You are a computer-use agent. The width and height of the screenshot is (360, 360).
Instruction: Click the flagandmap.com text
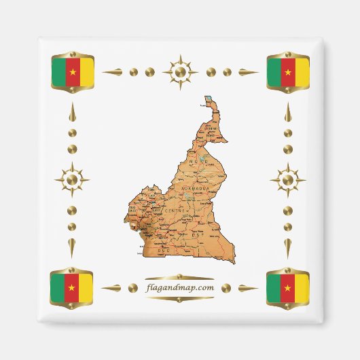179,287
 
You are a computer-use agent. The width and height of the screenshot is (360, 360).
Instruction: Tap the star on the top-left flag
72,71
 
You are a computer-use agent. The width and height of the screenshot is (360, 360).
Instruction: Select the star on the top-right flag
288,71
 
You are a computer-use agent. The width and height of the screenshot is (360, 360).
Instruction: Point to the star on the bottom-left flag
72,288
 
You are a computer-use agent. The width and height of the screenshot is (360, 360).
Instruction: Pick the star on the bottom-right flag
288,288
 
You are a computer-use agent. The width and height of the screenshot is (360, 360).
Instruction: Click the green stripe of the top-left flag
58,71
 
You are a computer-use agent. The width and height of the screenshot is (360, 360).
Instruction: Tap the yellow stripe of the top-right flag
302,71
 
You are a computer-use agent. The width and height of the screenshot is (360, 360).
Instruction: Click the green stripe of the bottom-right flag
274,288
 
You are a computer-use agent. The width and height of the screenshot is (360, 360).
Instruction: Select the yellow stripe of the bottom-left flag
86,288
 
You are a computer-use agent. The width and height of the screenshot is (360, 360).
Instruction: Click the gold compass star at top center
180,71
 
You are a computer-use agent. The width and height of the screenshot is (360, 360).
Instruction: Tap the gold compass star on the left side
72,180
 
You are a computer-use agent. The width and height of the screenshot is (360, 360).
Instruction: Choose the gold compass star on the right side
288,180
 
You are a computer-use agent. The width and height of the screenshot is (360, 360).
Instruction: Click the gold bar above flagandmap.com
179,277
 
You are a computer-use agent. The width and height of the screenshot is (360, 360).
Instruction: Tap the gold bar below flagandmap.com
179,298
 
